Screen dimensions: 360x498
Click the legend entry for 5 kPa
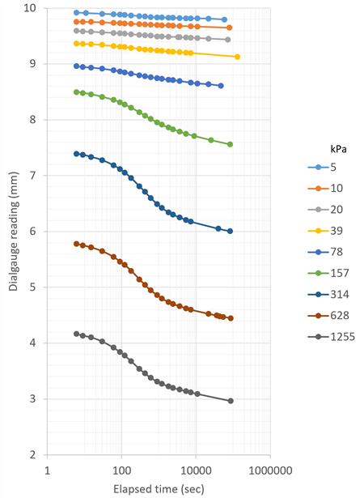point(322,167)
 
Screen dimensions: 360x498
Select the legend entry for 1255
point(331,337)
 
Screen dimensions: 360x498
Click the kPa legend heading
point(338,149)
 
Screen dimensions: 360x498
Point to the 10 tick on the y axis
point(31,7)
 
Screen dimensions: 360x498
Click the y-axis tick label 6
point(33,232)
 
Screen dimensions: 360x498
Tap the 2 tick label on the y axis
point(33,455)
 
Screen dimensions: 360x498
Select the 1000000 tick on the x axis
point(270,470)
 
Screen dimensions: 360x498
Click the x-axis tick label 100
point(122,470)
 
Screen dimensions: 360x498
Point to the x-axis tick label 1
point(47,470)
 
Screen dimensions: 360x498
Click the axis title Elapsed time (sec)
point(159,489)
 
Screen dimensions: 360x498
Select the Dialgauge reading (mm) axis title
point(13,232)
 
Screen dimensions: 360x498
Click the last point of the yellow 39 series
point(237,57)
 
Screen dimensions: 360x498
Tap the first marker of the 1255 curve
point(76,334)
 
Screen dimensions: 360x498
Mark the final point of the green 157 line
point(230,144)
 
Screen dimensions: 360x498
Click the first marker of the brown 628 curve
point(76,244)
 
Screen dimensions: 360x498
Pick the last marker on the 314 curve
point(230,232)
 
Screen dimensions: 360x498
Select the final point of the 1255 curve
point(231,401)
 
